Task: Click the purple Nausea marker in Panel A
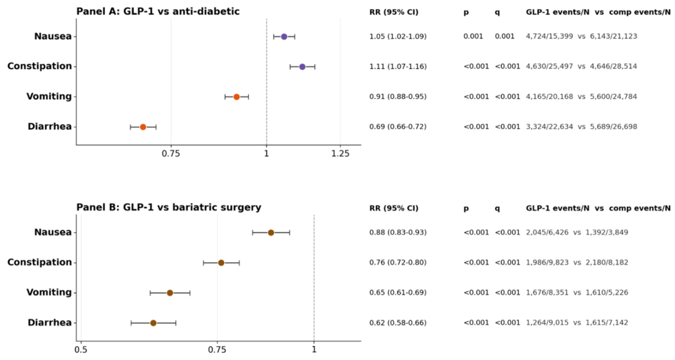click(x=284, y=37)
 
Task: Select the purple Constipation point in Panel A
click(x=302, y=67)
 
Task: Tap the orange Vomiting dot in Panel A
click(x=236, y=97)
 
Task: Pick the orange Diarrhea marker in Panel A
click(x=143, y=127)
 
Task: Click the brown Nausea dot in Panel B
click(x=271, y=233)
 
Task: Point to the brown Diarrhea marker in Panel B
click(x=154, y=323)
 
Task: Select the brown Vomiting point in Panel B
click(x=170, y=293)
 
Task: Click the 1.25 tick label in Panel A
click(x=340, y=154)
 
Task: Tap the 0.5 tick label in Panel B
click(x=81, y=350)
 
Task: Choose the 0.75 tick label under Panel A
click(x=171, y=154)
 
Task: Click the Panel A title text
click(x=158, y=12)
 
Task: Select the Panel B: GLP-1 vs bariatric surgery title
click(x=169, y=207)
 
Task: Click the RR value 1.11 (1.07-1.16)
click(x=398, y=67)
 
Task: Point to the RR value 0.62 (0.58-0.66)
click(x=398, y=323)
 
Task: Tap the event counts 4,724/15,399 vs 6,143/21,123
click(x=582, y=36)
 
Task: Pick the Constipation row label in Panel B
click(x=40, y=262)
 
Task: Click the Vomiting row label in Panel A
click(x=49, y=97)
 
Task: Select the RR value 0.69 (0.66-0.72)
click(x=398, y=127)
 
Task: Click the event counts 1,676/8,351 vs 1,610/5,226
click(x=577, y=292)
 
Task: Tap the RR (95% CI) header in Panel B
click(x=394, y=209)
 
